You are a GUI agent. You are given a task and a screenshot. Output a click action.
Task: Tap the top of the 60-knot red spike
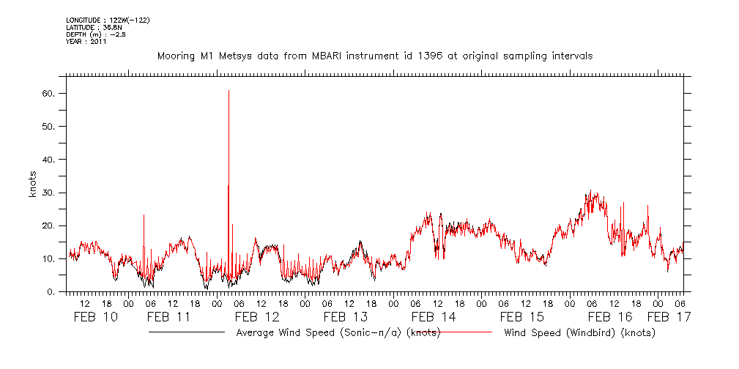click(229, 91)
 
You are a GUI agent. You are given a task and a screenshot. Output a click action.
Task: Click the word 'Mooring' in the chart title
click(177, 56)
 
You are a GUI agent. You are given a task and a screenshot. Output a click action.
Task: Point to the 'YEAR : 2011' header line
click(86, 42)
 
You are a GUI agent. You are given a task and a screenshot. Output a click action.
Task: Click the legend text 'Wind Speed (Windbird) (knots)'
click(579, 333)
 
